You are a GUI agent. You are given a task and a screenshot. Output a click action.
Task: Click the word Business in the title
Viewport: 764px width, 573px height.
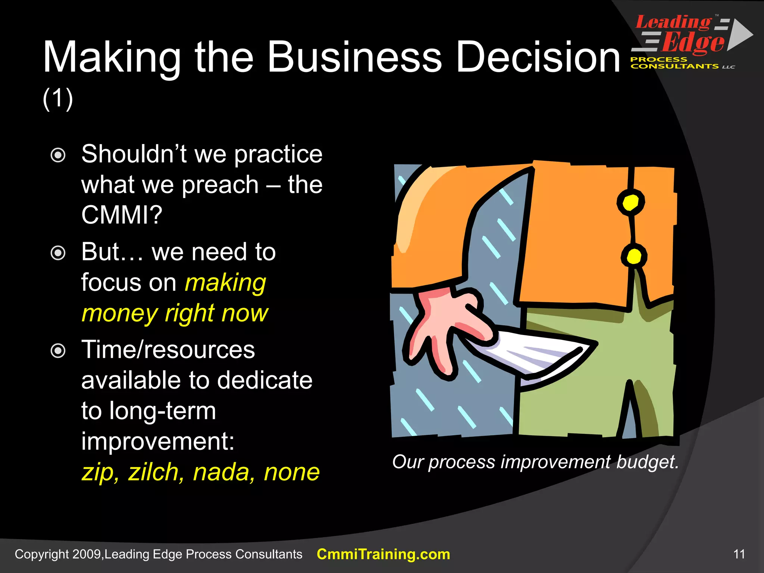coord(354,57)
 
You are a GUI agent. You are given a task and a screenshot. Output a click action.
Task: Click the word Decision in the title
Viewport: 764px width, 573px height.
coord(538,57)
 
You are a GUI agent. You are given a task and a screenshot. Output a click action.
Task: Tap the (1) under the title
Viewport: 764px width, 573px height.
coord(58,99)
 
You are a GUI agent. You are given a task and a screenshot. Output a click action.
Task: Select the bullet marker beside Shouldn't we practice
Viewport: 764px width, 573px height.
coord(58,155)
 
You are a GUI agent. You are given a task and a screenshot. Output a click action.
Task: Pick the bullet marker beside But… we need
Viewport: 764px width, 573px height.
coord(58,253)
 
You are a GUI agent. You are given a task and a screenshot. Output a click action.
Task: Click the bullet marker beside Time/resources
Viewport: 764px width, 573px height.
coord(58,351)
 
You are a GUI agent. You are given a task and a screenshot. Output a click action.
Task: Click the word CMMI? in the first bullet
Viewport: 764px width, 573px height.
coord(122,215)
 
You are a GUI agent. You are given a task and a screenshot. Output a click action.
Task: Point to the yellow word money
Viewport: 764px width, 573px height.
coord(119,313)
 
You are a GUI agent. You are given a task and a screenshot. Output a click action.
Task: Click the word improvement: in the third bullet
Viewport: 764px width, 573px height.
coord(157,441)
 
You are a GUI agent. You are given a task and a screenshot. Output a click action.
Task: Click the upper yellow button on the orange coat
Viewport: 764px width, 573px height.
coord(630,203)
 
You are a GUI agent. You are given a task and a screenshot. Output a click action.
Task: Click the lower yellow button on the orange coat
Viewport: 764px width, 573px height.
coord(634,256)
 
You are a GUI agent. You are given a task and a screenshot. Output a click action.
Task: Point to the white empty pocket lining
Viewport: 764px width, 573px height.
coord(537,354)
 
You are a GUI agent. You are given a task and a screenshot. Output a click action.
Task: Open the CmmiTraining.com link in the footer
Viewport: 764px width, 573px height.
coord(383,554)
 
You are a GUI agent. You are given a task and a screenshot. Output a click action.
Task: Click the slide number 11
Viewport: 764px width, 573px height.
coord(739,554)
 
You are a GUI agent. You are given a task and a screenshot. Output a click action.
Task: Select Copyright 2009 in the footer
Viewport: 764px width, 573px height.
coord(58,554)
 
